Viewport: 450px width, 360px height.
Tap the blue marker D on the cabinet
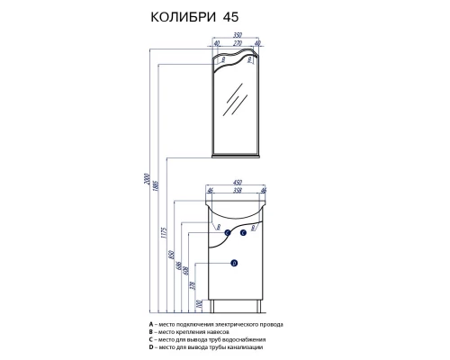click(233, 263)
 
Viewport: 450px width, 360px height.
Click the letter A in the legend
click(151, 322)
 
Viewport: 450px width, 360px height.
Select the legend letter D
click(151, 346)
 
